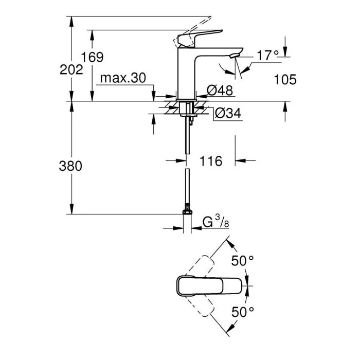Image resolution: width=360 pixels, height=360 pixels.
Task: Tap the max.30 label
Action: pyautogui.click(x=123, y=78)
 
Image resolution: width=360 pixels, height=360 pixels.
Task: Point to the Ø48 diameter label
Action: pyautogui.click(x=220, y=91)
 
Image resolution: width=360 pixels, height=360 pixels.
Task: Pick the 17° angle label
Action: pyautogui.click(x=267, y=56)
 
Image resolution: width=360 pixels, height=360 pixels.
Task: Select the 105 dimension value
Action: pyautogui.click(x=285, y=79)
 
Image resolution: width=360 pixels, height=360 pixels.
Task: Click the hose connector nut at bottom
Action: pyautogui.click(x=187, y=211)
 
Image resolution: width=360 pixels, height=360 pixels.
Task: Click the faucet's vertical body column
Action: pyautogui.click(x=186, y=75)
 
